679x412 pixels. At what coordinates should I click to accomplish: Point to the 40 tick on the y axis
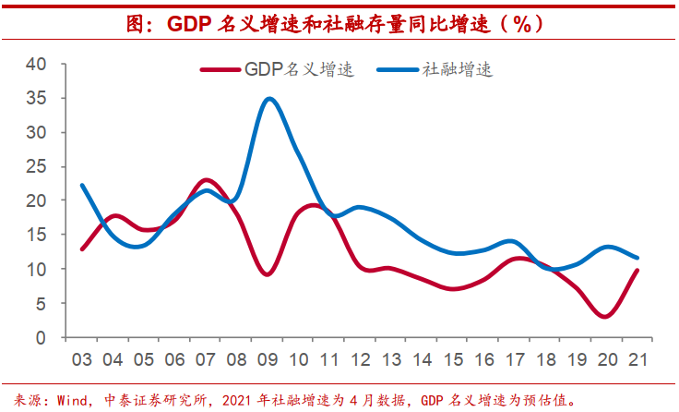pyautogui.click(x=35, y=64)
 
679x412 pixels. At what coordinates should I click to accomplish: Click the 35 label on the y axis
pyautogui.click(x=35, y=98)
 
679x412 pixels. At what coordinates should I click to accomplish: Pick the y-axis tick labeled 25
pyautogui.click(x=35, y=166)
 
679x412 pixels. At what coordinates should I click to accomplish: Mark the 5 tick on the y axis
pyautogui.click(x=40, y=303)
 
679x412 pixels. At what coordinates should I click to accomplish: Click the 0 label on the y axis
pyautogui.click(x=40, y=337)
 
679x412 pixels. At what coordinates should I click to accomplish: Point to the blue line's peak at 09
pyautogui.click(x=268, y=99)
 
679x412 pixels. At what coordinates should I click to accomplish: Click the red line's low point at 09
pyautogui.click(x=268, y=274)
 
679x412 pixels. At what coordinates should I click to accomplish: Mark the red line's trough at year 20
pyautogui.click(x=605, y=316)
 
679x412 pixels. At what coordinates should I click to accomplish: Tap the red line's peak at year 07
pyautogui.click(x=207, y=180)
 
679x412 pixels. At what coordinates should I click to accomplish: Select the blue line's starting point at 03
pyautogui.click(x=82, y=185)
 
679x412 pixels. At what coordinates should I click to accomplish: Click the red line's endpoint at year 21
pyautogui.click(x=637, y=270)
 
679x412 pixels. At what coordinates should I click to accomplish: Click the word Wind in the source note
pyautogui.click(x=71, y=401)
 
